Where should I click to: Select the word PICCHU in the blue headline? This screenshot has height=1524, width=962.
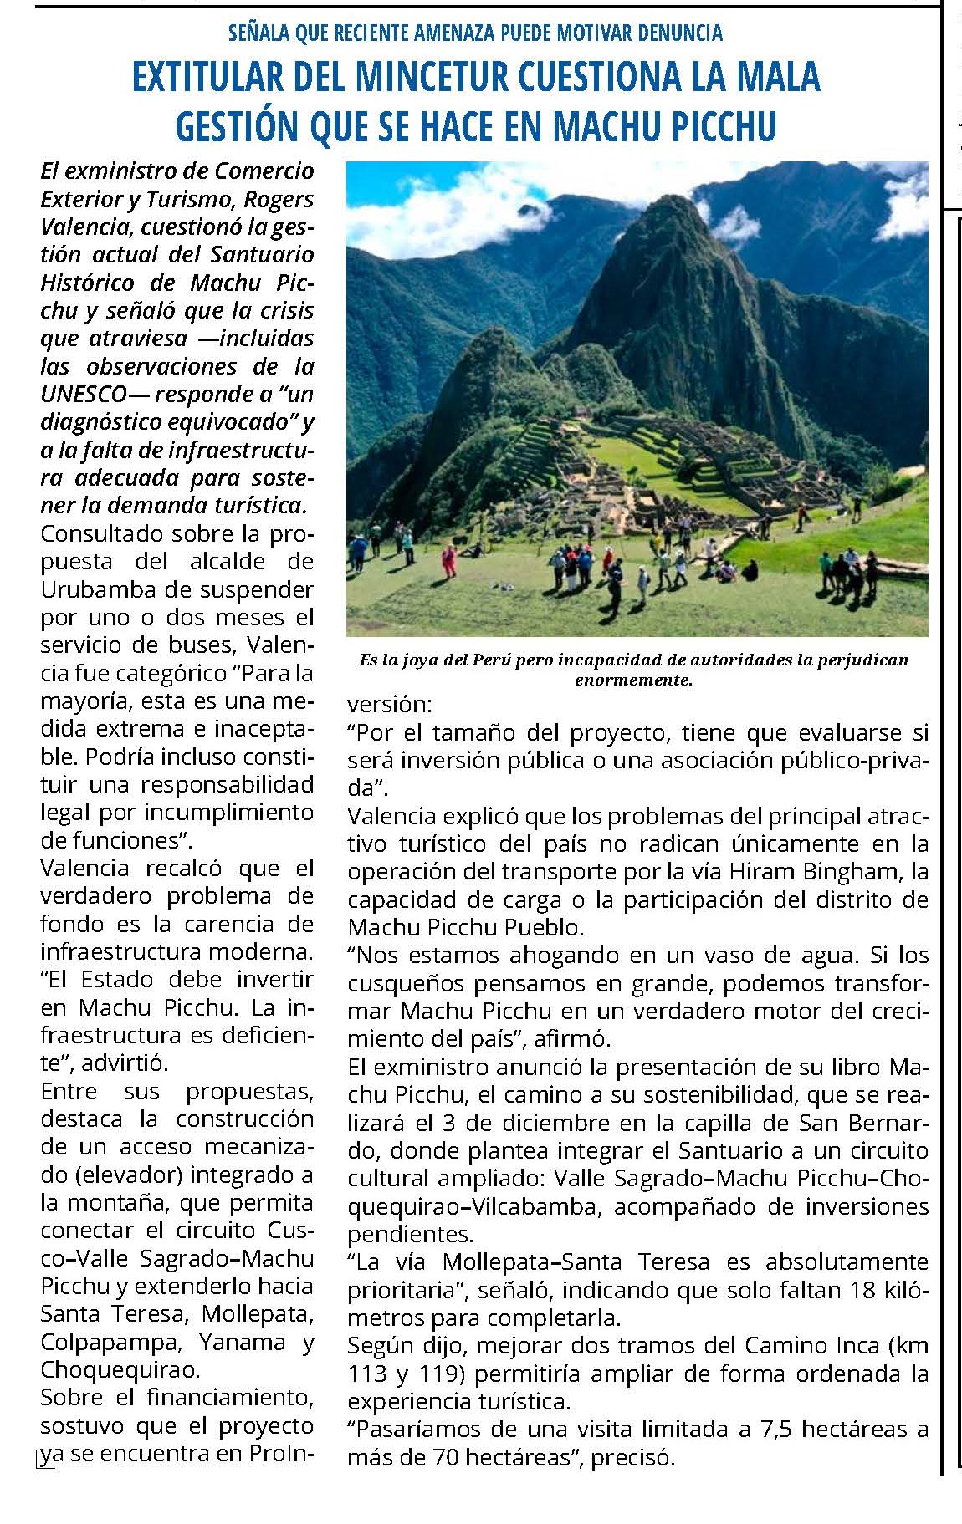722,125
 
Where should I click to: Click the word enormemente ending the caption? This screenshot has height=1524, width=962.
633,680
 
